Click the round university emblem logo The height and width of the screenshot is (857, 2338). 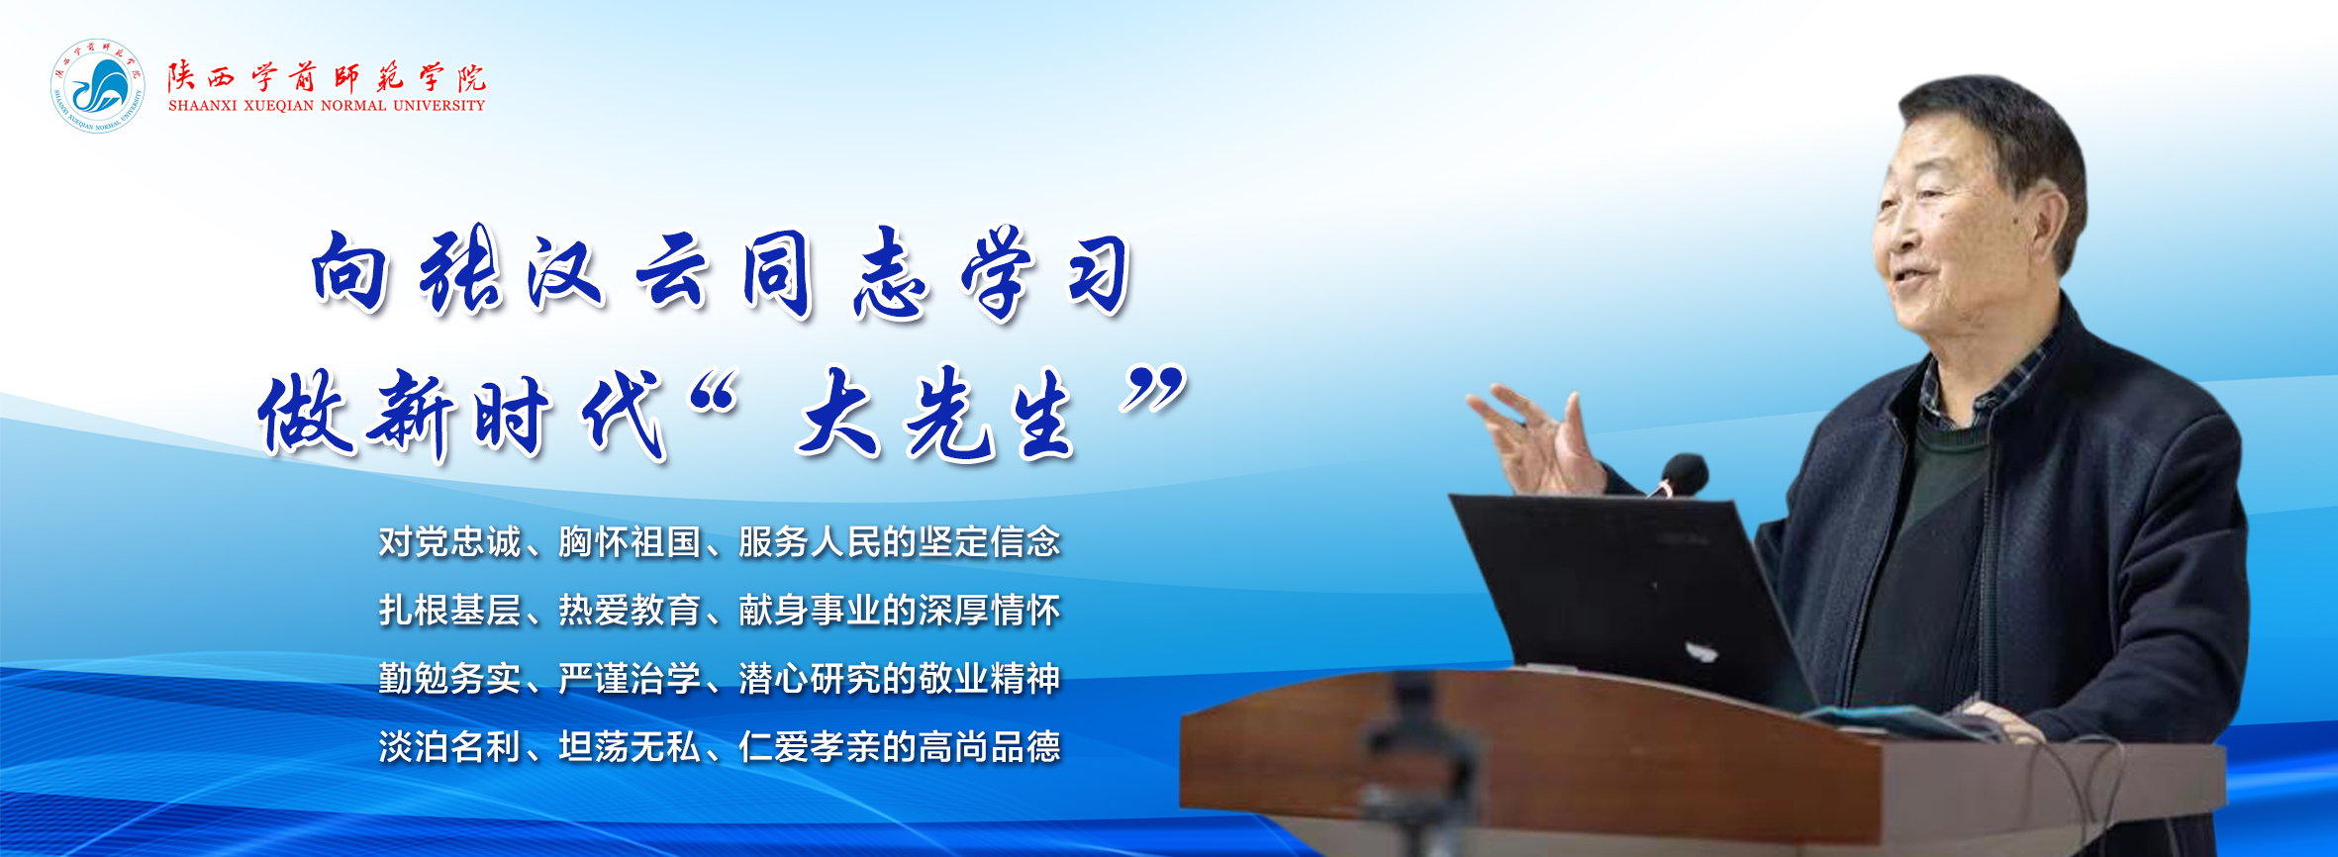(x=97, y=86)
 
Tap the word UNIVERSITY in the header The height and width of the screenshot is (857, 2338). (x=438, y=106)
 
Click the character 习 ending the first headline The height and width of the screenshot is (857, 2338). (x=1099, y=274)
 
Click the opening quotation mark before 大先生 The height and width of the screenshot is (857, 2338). (x=715, y=395)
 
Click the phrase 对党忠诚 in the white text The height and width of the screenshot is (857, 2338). (x=449, y=542)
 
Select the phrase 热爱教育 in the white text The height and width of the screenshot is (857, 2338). (x=630, y=611)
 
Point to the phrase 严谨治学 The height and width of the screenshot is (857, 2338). (x=630, y=679)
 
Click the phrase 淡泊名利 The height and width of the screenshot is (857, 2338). (x=449, y=747)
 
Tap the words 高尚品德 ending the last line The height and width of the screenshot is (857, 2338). (x=989, y=747)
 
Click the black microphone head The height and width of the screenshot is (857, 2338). (x=1685, y=474)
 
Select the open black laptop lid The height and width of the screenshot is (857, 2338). (x=1623, y=594)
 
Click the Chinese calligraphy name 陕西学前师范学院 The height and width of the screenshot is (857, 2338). (x=327, y=77)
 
